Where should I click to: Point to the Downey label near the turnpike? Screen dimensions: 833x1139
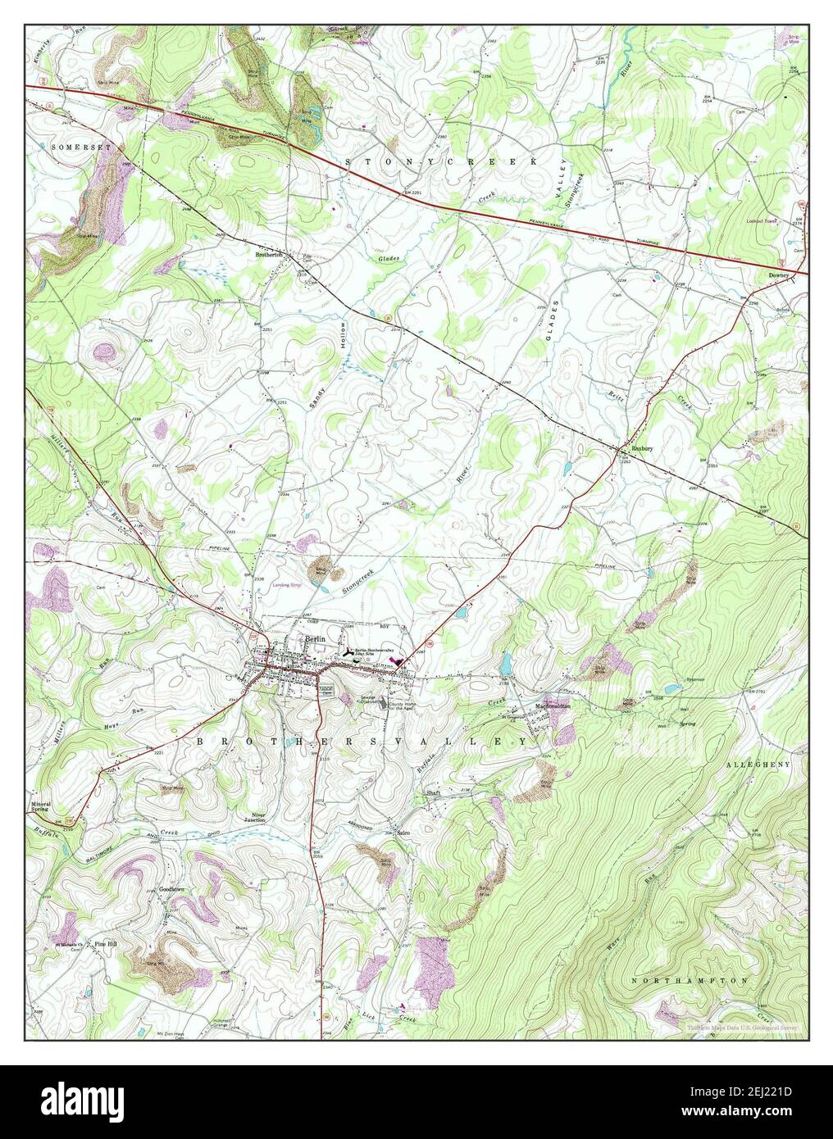pos(778,275)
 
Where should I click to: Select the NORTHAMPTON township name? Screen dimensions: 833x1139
pos(691,980)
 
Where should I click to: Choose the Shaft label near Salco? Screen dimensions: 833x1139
pos(433,794)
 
